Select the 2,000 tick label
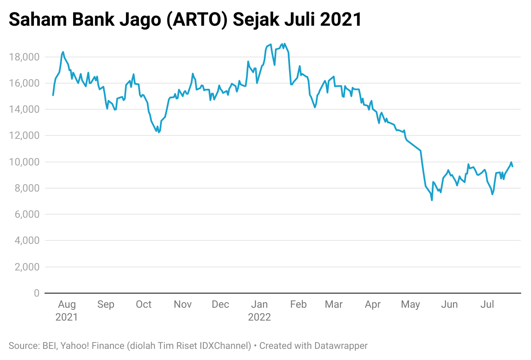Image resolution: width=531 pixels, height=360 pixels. click(27, 267)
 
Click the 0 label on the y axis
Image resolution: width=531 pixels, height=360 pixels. click(36, 293)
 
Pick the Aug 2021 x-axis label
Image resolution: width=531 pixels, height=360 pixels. click(67, 311)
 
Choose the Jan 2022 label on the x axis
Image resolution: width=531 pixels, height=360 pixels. click(260, 311)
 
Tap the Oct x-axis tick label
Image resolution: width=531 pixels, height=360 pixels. click(144, 304)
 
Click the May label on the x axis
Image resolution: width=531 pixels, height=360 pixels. click(410, 304)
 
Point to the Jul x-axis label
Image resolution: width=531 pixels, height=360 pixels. click(487, 304)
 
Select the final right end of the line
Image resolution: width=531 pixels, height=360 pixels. click(513, 166)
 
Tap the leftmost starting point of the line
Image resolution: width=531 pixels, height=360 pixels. click(53, 95)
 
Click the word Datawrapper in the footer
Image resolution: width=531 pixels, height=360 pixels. click(341, 345)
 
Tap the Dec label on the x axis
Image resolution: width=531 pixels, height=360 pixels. click(221, 304)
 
